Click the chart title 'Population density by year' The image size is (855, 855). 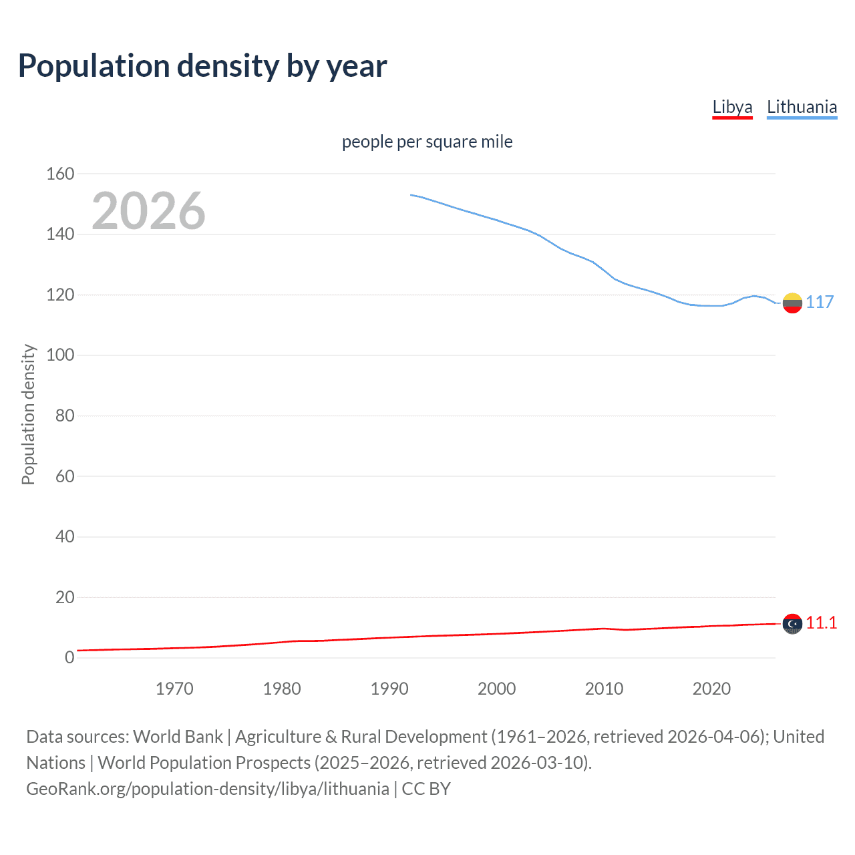point(202,66)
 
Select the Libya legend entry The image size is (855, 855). point(732,107)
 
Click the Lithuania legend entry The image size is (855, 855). point(802,107)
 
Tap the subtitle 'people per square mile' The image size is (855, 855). point(427,142)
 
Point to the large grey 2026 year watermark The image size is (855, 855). point(148,211)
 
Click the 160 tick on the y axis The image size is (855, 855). point(60,174)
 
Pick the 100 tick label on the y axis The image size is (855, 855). point(60,355)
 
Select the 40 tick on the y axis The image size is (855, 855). point(65,536)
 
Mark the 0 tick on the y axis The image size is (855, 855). point(69,657)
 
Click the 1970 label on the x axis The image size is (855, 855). point(174,689)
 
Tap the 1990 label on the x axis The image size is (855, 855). point(389,689)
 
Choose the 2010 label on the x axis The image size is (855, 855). point(604,689)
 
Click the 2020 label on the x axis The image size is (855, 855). point(711,689)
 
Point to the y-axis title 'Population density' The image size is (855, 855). point(28,414)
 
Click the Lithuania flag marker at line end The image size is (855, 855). point(792,303)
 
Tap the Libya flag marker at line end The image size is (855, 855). point(792,623)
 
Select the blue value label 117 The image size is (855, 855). point(820,302)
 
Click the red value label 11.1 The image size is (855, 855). point(821,623)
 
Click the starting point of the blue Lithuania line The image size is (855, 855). point(411,195)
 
